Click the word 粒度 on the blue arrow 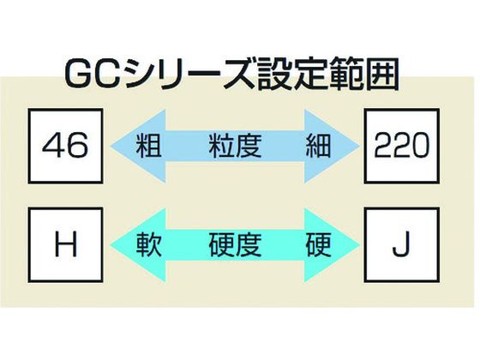(235, 146)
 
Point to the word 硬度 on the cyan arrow (235, 245)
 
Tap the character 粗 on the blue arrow (149, 146)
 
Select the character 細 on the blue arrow (318, 146)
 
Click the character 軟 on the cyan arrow (149, 245)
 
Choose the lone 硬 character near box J (318, 245)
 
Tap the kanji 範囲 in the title (363, 75)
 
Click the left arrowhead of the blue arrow (138, 146)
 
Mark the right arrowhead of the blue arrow (333, 146)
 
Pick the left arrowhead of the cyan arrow (138, 245)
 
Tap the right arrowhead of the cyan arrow (333, 245)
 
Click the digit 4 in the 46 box (52, 146)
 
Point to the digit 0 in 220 (417, 146)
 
